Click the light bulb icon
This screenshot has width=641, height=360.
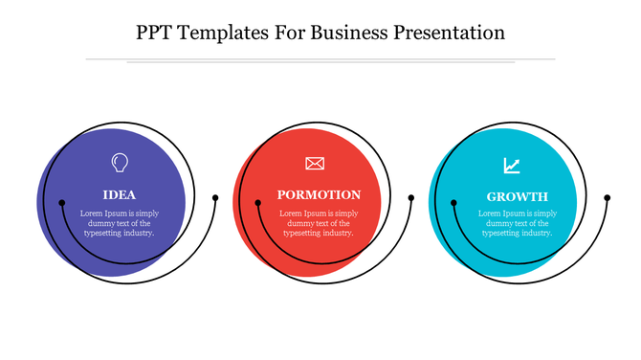119,163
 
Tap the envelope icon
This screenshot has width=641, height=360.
316,164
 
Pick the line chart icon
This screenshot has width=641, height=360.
513,166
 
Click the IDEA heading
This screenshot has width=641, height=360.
119,194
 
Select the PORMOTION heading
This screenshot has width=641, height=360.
319,194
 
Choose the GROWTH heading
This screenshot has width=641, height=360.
517,195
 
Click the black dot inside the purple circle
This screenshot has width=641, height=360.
61,203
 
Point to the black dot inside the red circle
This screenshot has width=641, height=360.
257,202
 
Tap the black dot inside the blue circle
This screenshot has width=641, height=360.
453,202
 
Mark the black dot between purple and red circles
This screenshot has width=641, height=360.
215,198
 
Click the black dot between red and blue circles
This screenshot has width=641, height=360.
411,198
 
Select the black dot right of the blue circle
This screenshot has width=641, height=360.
608,198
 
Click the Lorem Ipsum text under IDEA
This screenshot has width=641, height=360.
119,223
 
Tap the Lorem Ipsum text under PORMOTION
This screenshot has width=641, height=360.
319,223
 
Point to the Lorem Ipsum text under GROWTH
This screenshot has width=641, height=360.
517,223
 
